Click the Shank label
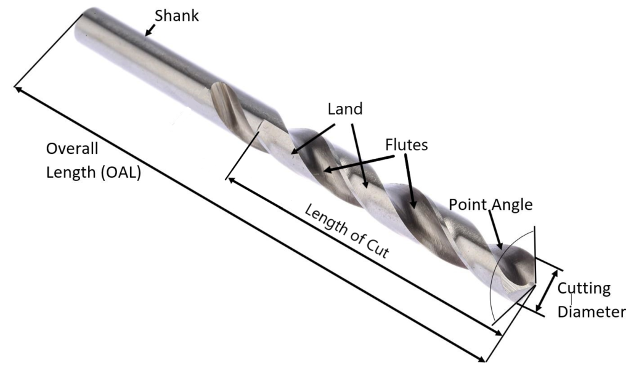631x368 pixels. tap(176, 16)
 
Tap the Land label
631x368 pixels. tap(345, 109)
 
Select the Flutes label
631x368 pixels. tap(406, 145)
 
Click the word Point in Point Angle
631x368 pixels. tap(468, 204)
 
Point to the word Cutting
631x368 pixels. tap(584, 289)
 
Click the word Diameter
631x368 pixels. tap(591, 312)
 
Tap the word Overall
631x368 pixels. tap(73, 150)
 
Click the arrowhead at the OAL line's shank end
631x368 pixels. tap(18, 89)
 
